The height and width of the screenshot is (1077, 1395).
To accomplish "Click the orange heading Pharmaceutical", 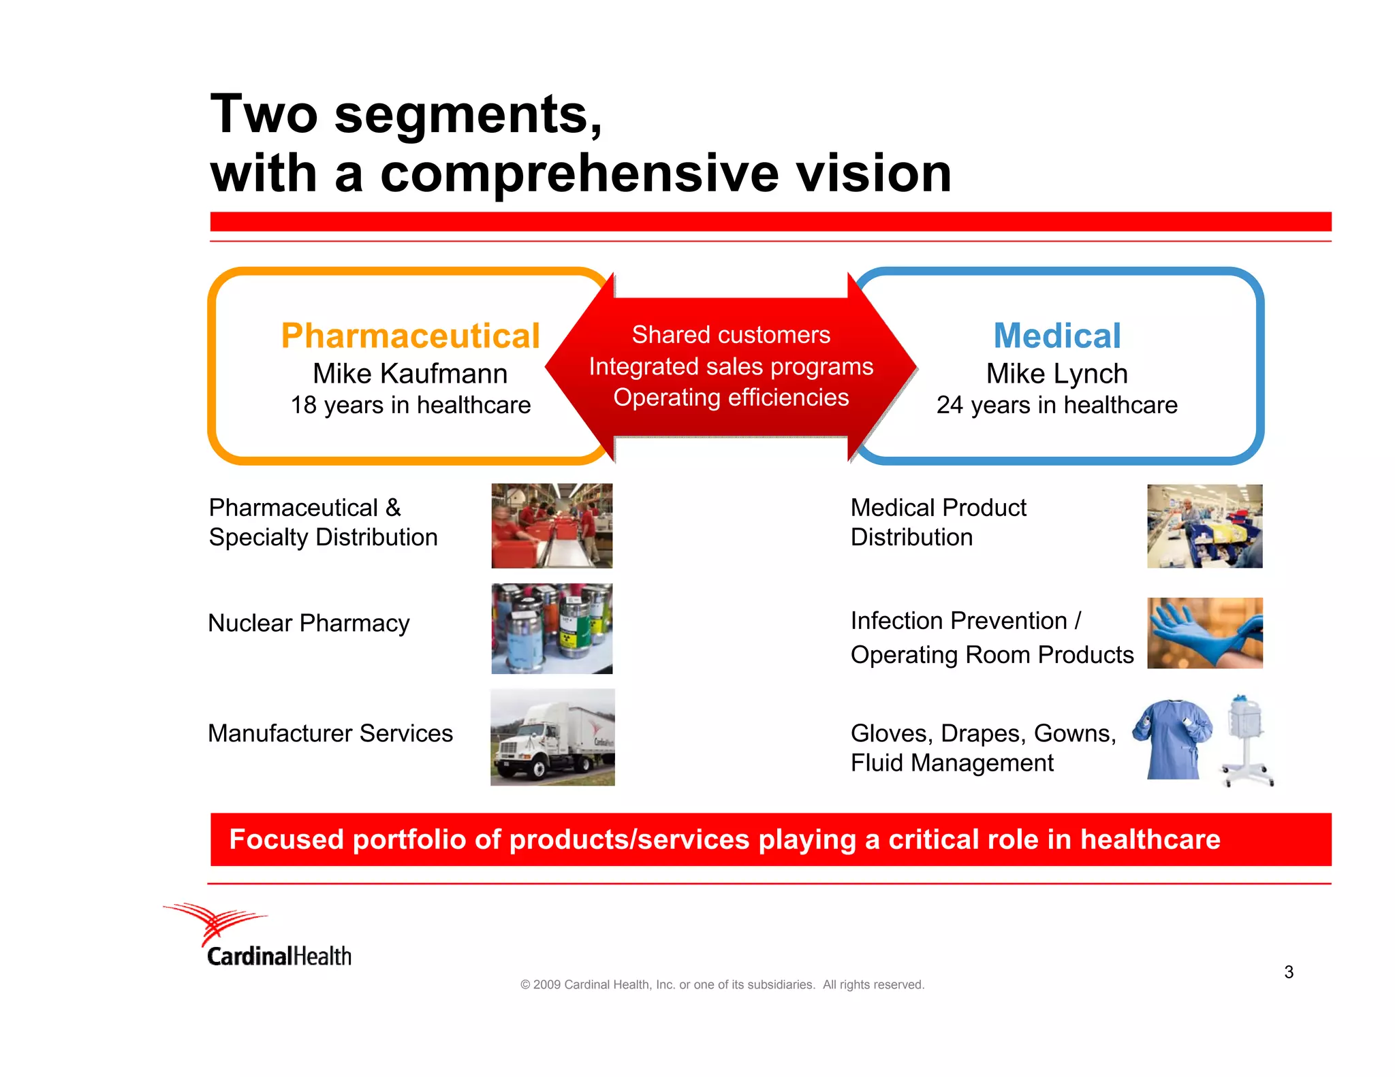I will (x=410, y=336).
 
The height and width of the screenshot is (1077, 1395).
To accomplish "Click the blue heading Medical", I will (x=1056, y=336).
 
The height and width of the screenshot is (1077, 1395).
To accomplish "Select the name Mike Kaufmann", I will (x=410, y=374).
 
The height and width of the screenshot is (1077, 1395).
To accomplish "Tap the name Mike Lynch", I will (x=1056, y=374).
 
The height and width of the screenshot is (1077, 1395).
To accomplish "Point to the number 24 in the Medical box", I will (x=950, y=406).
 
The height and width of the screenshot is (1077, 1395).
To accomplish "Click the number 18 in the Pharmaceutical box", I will (x=303, y=406).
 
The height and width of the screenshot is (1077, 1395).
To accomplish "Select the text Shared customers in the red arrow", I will (x=730, y=335).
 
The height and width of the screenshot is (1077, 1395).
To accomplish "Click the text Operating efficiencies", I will (x=730, y=398).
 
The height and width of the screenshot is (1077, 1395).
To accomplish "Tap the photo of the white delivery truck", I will (x=552, y=737).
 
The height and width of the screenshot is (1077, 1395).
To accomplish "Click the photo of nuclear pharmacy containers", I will (x=552, y=628).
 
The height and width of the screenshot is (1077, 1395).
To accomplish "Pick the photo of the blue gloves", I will (x=1204, y=632).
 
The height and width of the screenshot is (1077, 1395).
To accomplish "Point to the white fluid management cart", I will (x=1247, y=740).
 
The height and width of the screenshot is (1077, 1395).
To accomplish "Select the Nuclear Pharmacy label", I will (x=309, y=624).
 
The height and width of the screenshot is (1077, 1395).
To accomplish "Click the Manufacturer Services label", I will (x=330, y=734).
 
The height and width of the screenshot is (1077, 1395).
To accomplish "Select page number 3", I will (x=1288, y=972).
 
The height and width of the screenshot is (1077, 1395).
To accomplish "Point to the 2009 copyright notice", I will (x=722, y=985).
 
